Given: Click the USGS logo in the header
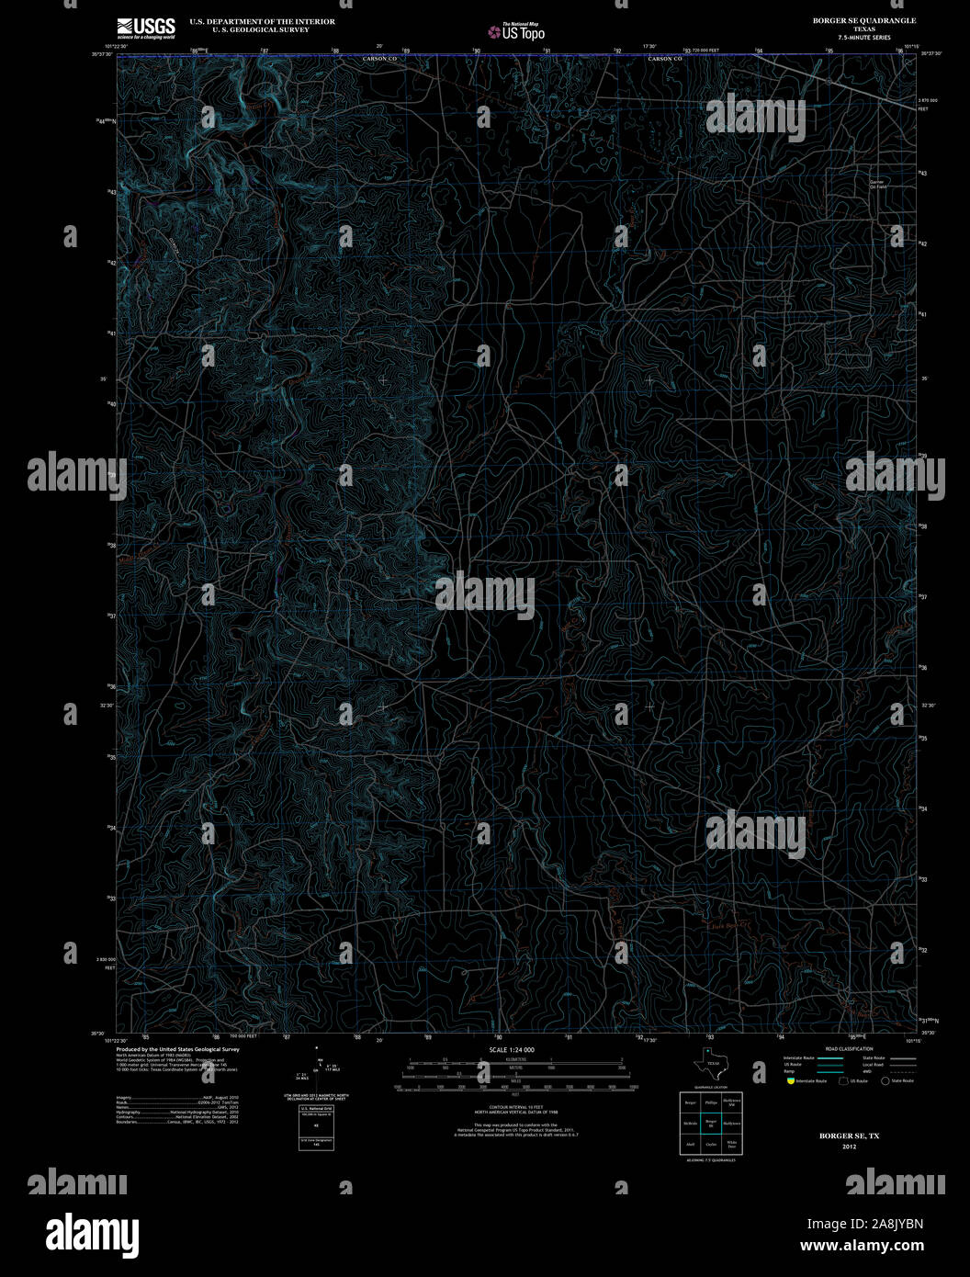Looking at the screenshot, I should click(x=146, y=28).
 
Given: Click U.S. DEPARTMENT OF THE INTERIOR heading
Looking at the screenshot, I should click(x=262, y=21).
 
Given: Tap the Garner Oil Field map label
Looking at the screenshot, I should click(x=877, y=184).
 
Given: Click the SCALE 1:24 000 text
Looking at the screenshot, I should click(x=512, y=1049).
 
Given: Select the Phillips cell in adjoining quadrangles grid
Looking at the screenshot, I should click(x=710, y=1101).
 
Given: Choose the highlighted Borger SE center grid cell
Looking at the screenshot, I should click(x=710, y=1123).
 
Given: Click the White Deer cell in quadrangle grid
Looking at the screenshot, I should click(x=732, y=1146).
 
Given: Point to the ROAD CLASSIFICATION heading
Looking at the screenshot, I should click(x=849, y=1048).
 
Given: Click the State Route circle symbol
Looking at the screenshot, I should click(x=885, y=1081).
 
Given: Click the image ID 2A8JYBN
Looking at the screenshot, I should click(x=865, y=1224).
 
